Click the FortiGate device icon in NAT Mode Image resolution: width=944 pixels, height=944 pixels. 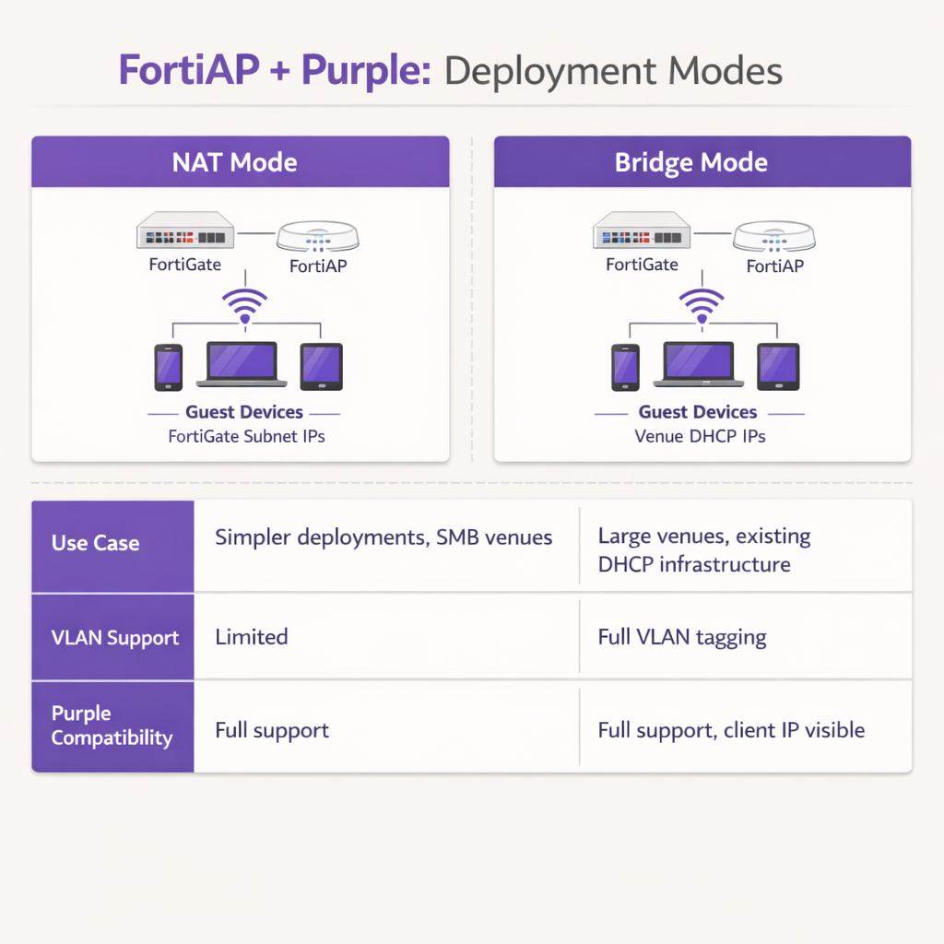coord(185,230)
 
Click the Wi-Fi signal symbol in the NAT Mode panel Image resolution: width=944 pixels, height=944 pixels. coord(244,305)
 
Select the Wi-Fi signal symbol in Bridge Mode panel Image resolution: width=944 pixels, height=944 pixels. coord(702,305)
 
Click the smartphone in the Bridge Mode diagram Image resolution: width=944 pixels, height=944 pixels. coord(625,366)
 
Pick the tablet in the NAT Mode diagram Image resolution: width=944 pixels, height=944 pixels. coord(322,366)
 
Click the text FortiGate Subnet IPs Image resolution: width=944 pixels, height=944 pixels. coord(246,436)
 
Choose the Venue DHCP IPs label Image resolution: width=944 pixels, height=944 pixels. coord(701,436)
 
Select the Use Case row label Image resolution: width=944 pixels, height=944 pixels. coord(96,543)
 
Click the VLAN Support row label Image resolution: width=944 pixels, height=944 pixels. coord(115,637)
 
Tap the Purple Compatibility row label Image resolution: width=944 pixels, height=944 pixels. coord(112,726)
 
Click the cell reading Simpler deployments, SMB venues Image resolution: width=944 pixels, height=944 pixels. coord(383,537)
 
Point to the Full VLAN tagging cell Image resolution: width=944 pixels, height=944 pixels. coord(682,637)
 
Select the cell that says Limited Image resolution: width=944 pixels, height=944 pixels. coord(252,637)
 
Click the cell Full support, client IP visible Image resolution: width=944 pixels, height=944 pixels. coord(731,730)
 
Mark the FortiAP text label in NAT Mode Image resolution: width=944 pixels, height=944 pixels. coord(318,266)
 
